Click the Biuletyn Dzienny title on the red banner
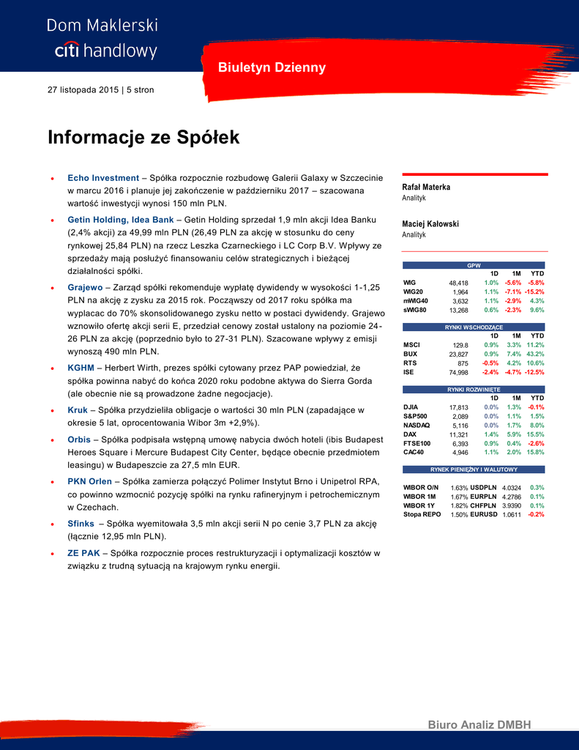coord(272,68)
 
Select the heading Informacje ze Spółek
coord(143,138)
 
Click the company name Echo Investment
coord(103,178)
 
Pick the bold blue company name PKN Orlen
coord(89,482)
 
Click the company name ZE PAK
coord(84,553)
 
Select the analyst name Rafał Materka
coord(426,187)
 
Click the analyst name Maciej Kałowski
coord(430,224)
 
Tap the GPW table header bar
coord(474,265)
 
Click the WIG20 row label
coord(414,292)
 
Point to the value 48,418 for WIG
coord(458,283)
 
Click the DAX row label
coord(411,434)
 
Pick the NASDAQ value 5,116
coord(460,426)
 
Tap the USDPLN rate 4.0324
coord(512,488)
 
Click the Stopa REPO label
coord(422,515)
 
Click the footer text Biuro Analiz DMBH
coord(479,725)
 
